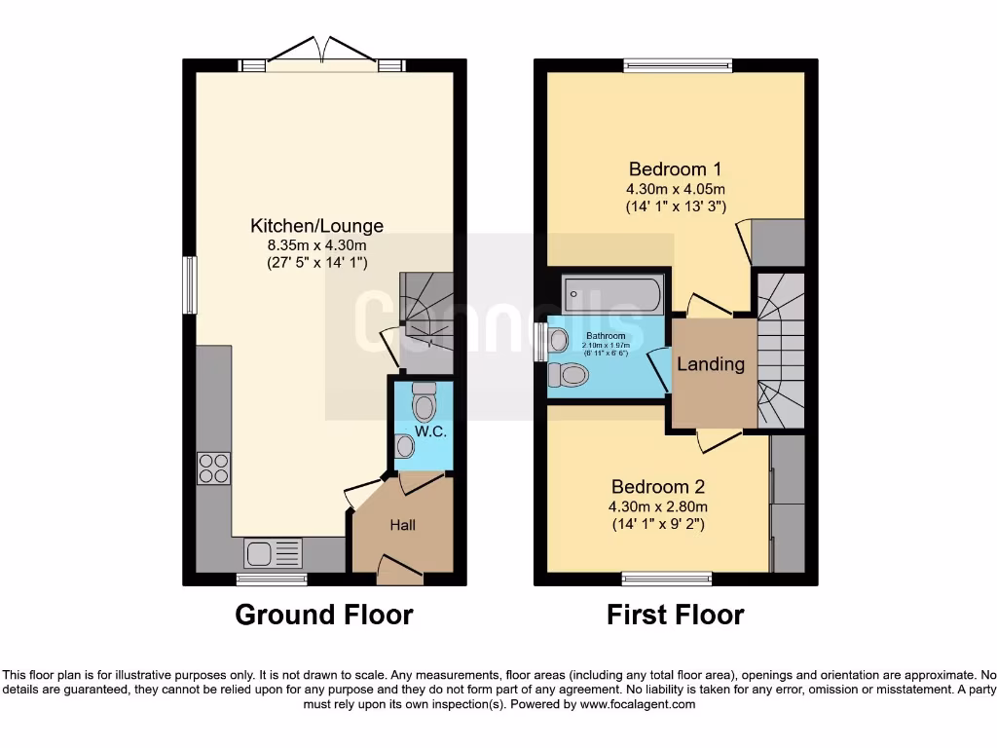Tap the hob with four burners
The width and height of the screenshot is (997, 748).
(213, 468)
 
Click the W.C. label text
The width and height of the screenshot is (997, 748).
(430, 431)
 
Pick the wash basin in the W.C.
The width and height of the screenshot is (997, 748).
(406, 446)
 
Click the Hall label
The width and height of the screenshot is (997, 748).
(403, 525)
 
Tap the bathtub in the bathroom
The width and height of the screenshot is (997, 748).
(612, 292)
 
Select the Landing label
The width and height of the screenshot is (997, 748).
(711, 364)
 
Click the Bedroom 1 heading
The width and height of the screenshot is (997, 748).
(675, 168)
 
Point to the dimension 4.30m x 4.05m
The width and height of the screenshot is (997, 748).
(676, 188)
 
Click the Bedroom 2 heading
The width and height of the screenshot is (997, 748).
(657, 487)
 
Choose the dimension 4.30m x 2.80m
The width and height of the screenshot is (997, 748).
(657, 506)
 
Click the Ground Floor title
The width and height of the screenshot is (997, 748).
(324, 616)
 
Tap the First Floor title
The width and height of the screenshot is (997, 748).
(675, 616)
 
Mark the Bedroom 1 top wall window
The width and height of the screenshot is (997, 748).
(677, 65)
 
